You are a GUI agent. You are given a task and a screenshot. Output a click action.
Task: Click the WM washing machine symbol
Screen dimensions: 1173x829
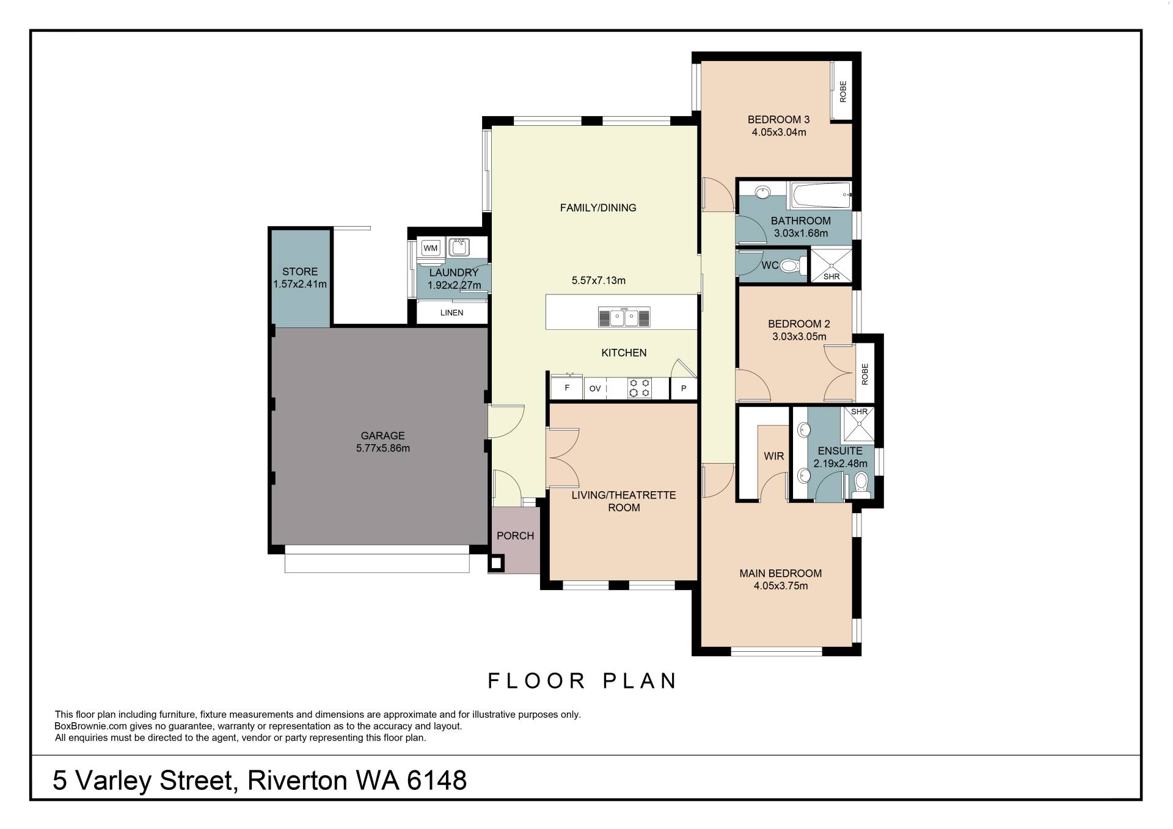coord(431,248)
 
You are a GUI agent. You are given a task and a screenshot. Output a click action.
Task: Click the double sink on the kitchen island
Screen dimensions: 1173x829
coord(624,318)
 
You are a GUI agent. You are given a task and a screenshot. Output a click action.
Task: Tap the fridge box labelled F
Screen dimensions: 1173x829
coord(567,387)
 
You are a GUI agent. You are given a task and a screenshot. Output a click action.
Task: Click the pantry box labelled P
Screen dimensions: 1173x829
coord(684,389)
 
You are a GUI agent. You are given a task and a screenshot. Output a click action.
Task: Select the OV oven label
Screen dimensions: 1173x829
coord(595,389)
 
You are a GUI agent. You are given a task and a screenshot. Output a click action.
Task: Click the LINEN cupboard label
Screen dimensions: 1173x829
coord(452,313)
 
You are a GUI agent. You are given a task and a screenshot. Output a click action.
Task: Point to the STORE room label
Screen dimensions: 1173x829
coord(300,272)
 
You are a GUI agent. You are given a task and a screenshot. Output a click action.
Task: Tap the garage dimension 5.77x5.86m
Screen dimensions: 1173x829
coord(383,448)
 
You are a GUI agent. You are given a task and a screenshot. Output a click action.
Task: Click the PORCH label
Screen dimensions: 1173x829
coord(515,536)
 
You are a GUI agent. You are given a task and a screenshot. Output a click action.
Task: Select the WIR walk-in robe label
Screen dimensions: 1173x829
coord(774,456)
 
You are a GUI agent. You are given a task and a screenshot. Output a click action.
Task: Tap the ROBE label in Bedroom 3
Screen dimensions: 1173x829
coord(843,92)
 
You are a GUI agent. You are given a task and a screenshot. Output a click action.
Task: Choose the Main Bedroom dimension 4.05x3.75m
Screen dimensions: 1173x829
coord(781,586)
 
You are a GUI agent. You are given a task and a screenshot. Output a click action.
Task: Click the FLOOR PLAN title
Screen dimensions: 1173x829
coord(582,681)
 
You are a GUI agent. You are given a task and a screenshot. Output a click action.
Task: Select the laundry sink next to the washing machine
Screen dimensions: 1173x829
coord(458,247)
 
